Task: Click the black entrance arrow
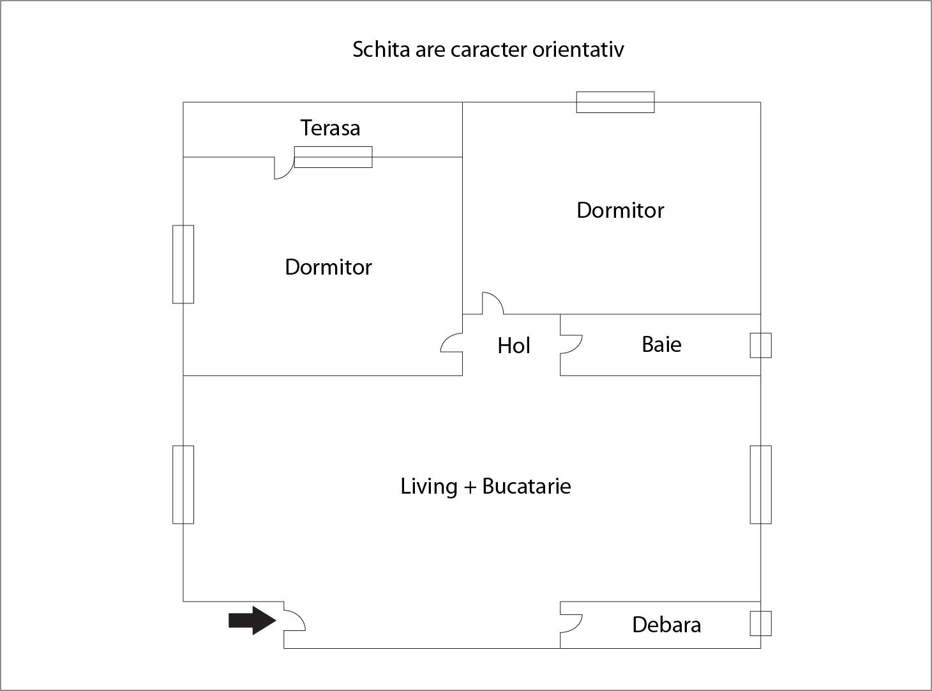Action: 252,620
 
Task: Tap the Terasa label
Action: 330,128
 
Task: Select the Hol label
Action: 513,346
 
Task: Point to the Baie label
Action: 661,345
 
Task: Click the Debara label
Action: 666,625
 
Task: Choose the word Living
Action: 428,487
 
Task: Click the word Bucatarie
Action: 526,487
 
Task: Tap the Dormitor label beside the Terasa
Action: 328,267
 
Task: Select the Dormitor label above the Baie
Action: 620,211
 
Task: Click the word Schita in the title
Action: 381,50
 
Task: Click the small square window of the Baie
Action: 760,345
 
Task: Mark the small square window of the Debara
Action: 760,623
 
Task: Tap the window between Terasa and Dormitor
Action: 333,157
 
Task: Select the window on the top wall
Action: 615,102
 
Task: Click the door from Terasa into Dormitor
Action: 283,169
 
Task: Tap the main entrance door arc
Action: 295,620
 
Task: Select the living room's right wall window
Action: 760,485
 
